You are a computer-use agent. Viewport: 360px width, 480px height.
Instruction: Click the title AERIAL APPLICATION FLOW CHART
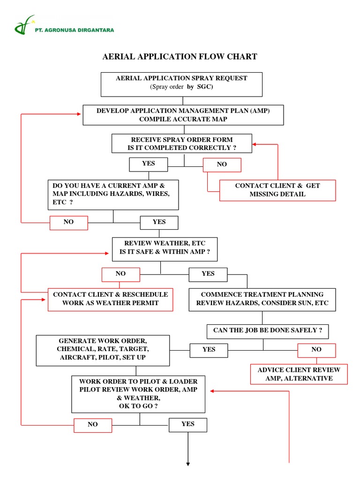pyautogui.click(x=180, y=57)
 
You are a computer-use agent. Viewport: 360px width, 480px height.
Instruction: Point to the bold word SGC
pyautogui.click(x=207, y=87)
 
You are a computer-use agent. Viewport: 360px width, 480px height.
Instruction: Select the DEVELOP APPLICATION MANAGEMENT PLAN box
pyautogui.click(x=183, y=115)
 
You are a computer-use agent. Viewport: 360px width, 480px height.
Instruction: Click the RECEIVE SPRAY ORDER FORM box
pyautogui.click(x=182, y=143)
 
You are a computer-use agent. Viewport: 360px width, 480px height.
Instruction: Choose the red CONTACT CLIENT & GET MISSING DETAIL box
pyautogui.click(x=277, y=190)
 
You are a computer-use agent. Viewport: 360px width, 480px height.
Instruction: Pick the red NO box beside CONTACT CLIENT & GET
pyautogui.click(x=222, y=165)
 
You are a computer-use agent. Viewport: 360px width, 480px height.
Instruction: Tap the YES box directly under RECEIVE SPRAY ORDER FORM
pyautogui.click(x=148, y=164)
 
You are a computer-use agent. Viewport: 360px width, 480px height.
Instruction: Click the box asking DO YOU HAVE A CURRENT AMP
pyautogui.click(x=113, y=194)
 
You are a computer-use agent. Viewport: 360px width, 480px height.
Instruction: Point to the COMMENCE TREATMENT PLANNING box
pyautogui.click(x=262, y=299)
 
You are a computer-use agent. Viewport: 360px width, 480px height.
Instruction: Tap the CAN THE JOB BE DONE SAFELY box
pyautogui.click(x=268, y=331)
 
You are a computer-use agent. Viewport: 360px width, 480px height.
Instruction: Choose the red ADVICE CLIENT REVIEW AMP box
pyautogui.click(x=299, y=374)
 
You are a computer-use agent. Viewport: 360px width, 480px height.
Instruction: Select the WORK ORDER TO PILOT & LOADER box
pyautogui.click(x=138, y=393)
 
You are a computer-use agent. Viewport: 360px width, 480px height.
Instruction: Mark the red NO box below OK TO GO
pyautogui.click(x=93, y=425)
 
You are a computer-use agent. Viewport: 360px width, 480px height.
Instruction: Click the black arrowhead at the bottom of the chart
pyautogui.click(x=188, y=464)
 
